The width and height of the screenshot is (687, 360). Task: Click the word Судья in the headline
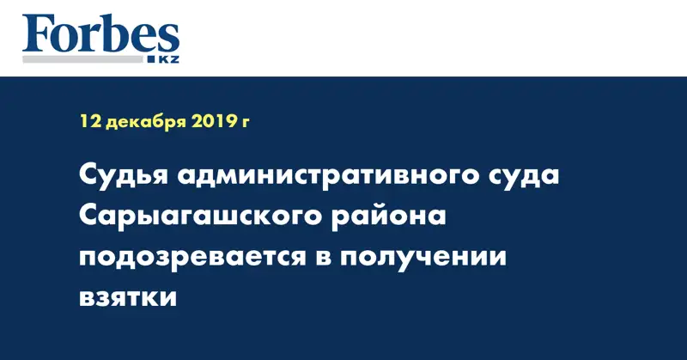click(x=121, y=179)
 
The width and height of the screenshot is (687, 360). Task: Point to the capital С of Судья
click(x=89, y=177)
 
